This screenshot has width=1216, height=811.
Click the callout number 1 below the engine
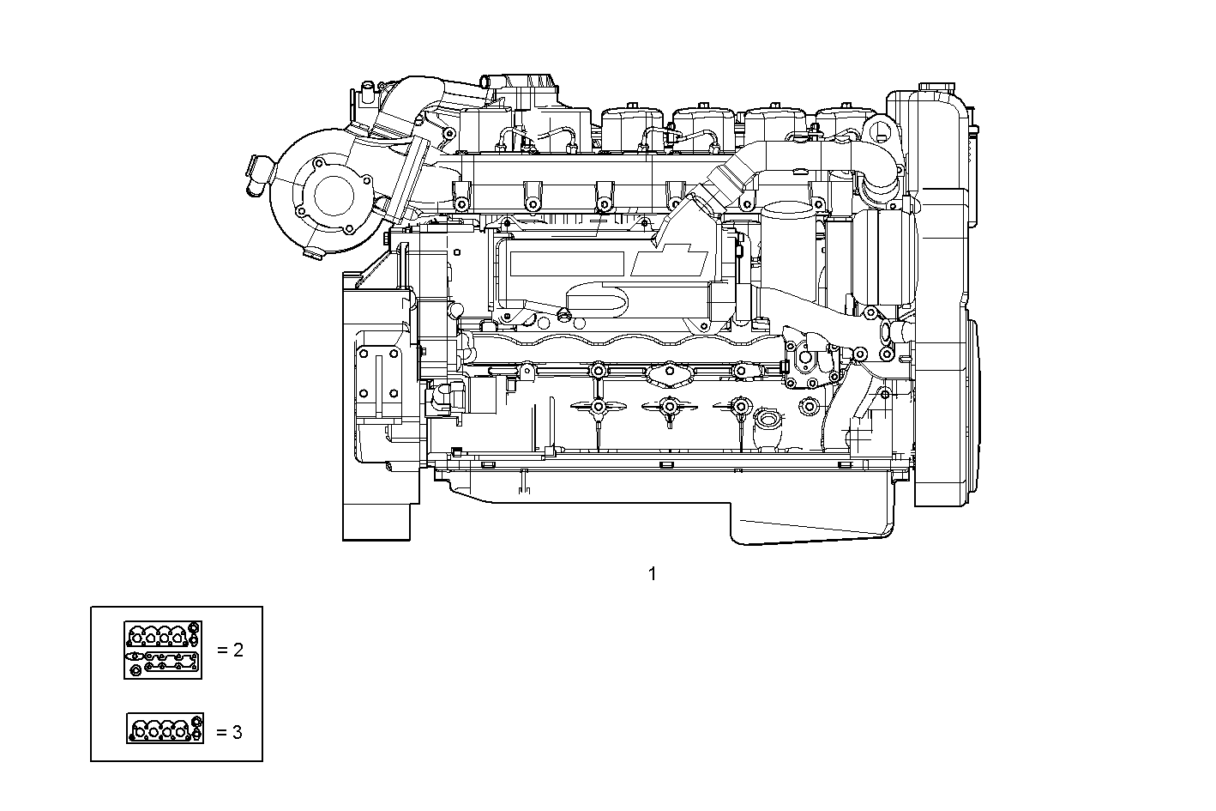click(652, 573)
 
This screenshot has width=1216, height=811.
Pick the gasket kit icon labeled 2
click(163, 650)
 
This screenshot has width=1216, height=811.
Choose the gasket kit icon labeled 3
click(165, 729)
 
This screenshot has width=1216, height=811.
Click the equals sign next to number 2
click(223, 650)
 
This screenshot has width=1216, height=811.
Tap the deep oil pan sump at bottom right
click(810, 524)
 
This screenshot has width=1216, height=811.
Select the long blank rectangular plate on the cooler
click(565, 263)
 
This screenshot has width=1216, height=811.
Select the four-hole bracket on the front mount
click(377, 373)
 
